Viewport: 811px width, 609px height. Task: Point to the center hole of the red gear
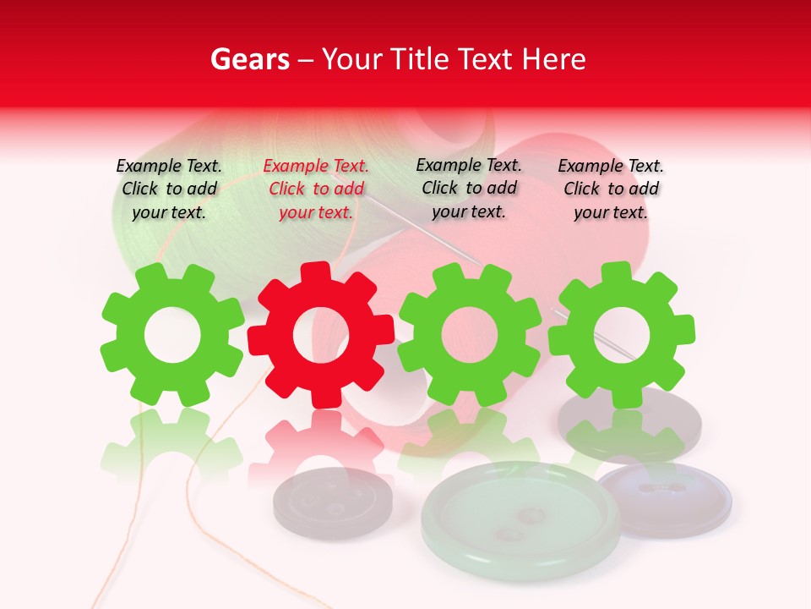tap(321, 336)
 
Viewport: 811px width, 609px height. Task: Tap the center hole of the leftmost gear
tap(171, 335)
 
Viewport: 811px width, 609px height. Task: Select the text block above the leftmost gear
tap(169, 189)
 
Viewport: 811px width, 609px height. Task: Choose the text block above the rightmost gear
tap(611, 189)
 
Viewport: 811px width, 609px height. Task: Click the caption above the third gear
tap(469, 188)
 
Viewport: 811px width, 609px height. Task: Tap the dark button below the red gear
tap(332, 502)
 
